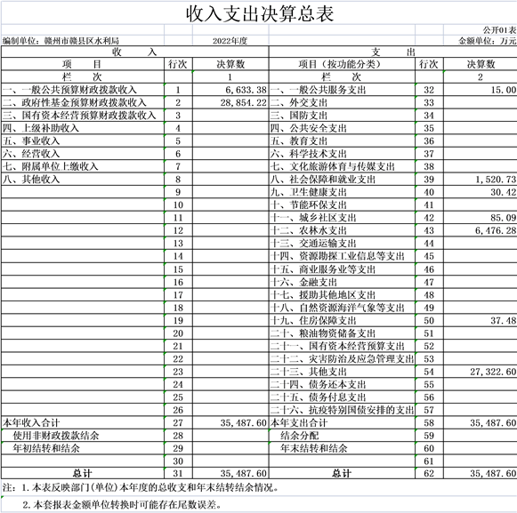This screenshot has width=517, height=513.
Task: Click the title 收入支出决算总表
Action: [260, 14]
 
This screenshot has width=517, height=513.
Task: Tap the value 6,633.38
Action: [246, 90]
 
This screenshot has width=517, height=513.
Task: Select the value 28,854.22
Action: [243, 103]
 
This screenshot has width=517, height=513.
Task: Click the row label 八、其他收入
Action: [31, 180]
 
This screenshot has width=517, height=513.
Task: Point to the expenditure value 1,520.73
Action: [496, 180]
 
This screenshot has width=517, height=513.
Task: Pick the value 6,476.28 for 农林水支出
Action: [496, 230]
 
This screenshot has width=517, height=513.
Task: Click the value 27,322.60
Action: [493, 372]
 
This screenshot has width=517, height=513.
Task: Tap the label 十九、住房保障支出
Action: [313, 321]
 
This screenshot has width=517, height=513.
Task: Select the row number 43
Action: [429, 230]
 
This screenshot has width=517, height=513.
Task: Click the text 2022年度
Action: [230, 41]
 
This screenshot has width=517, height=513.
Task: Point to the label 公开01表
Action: [499, 30]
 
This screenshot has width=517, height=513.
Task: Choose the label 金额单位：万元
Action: [487, 41]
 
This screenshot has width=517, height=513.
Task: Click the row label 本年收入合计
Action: [31, 423]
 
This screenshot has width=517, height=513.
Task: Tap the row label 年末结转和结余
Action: [313, 448]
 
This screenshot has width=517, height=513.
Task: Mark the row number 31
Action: [178, 474]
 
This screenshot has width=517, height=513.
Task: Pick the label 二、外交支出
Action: [299, 103]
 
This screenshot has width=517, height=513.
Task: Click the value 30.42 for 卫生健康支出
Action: [503, 192]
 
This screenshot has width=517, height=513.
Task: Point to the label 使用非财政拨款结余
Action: [56, 436]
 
